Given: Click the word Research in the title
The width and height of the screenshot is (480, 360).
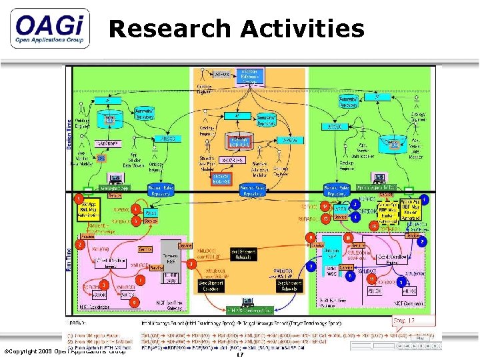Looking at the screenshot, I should pyautogui.click(x=171, y=29).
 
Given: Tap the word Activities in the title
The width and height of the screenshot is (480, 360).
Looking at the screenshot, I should pyautogui.click(x=303, y=29).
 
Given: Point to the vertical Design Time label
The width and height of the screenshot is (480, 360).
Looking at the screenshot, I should pyautogui.click(x=69, y=133).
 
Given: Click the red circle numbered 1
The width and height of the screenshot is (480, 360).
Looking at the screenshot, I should pyautogui.click(x=79, y=199).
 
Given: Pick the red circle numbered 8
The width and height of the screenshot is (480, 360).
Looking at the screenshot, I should pyautogui.click(x=191, y=264).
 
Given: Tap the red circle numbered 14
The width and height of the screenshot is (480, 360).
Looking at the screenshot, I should pyautogui.click(x=374, y=226).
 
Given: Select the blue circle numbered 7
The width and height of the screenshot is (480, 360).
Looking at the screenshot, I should pyautogui.click(x=311, y=266).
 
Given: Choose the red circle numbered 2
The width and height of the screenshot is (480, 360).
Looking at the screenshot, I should pyautogui.click(x=79, y=245).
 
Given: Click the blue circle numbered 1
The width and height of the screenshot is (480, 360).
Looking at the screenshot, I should pyautogui.click(x=425, y=199).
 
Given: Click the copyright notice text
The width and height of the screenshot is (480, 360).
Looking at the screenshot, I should pyautogui.click(x=65, y=351).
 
